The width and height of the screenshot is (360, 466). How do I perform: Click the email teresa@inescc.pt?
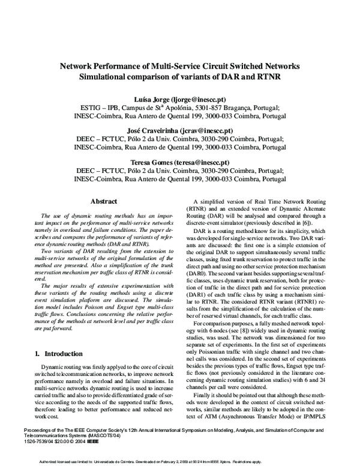click(201, 162)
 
